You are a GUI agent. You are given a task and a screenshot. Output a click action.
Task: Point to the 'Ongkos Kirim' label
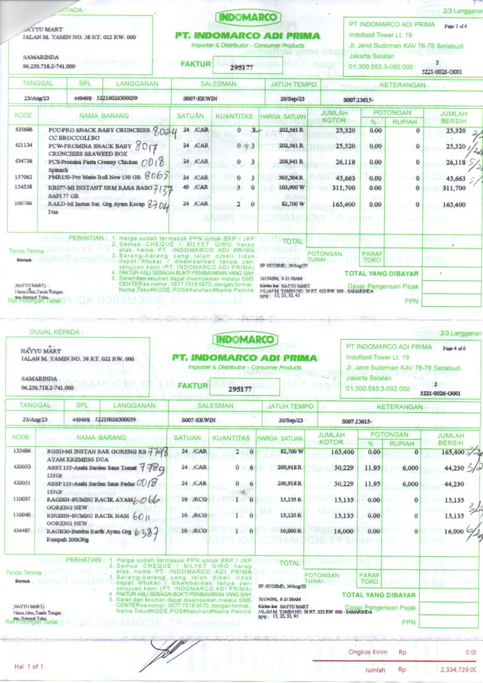click(364, 653)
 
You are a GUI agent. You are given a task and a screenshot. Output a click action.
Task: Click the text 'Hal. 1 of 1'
click(29, 667)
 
